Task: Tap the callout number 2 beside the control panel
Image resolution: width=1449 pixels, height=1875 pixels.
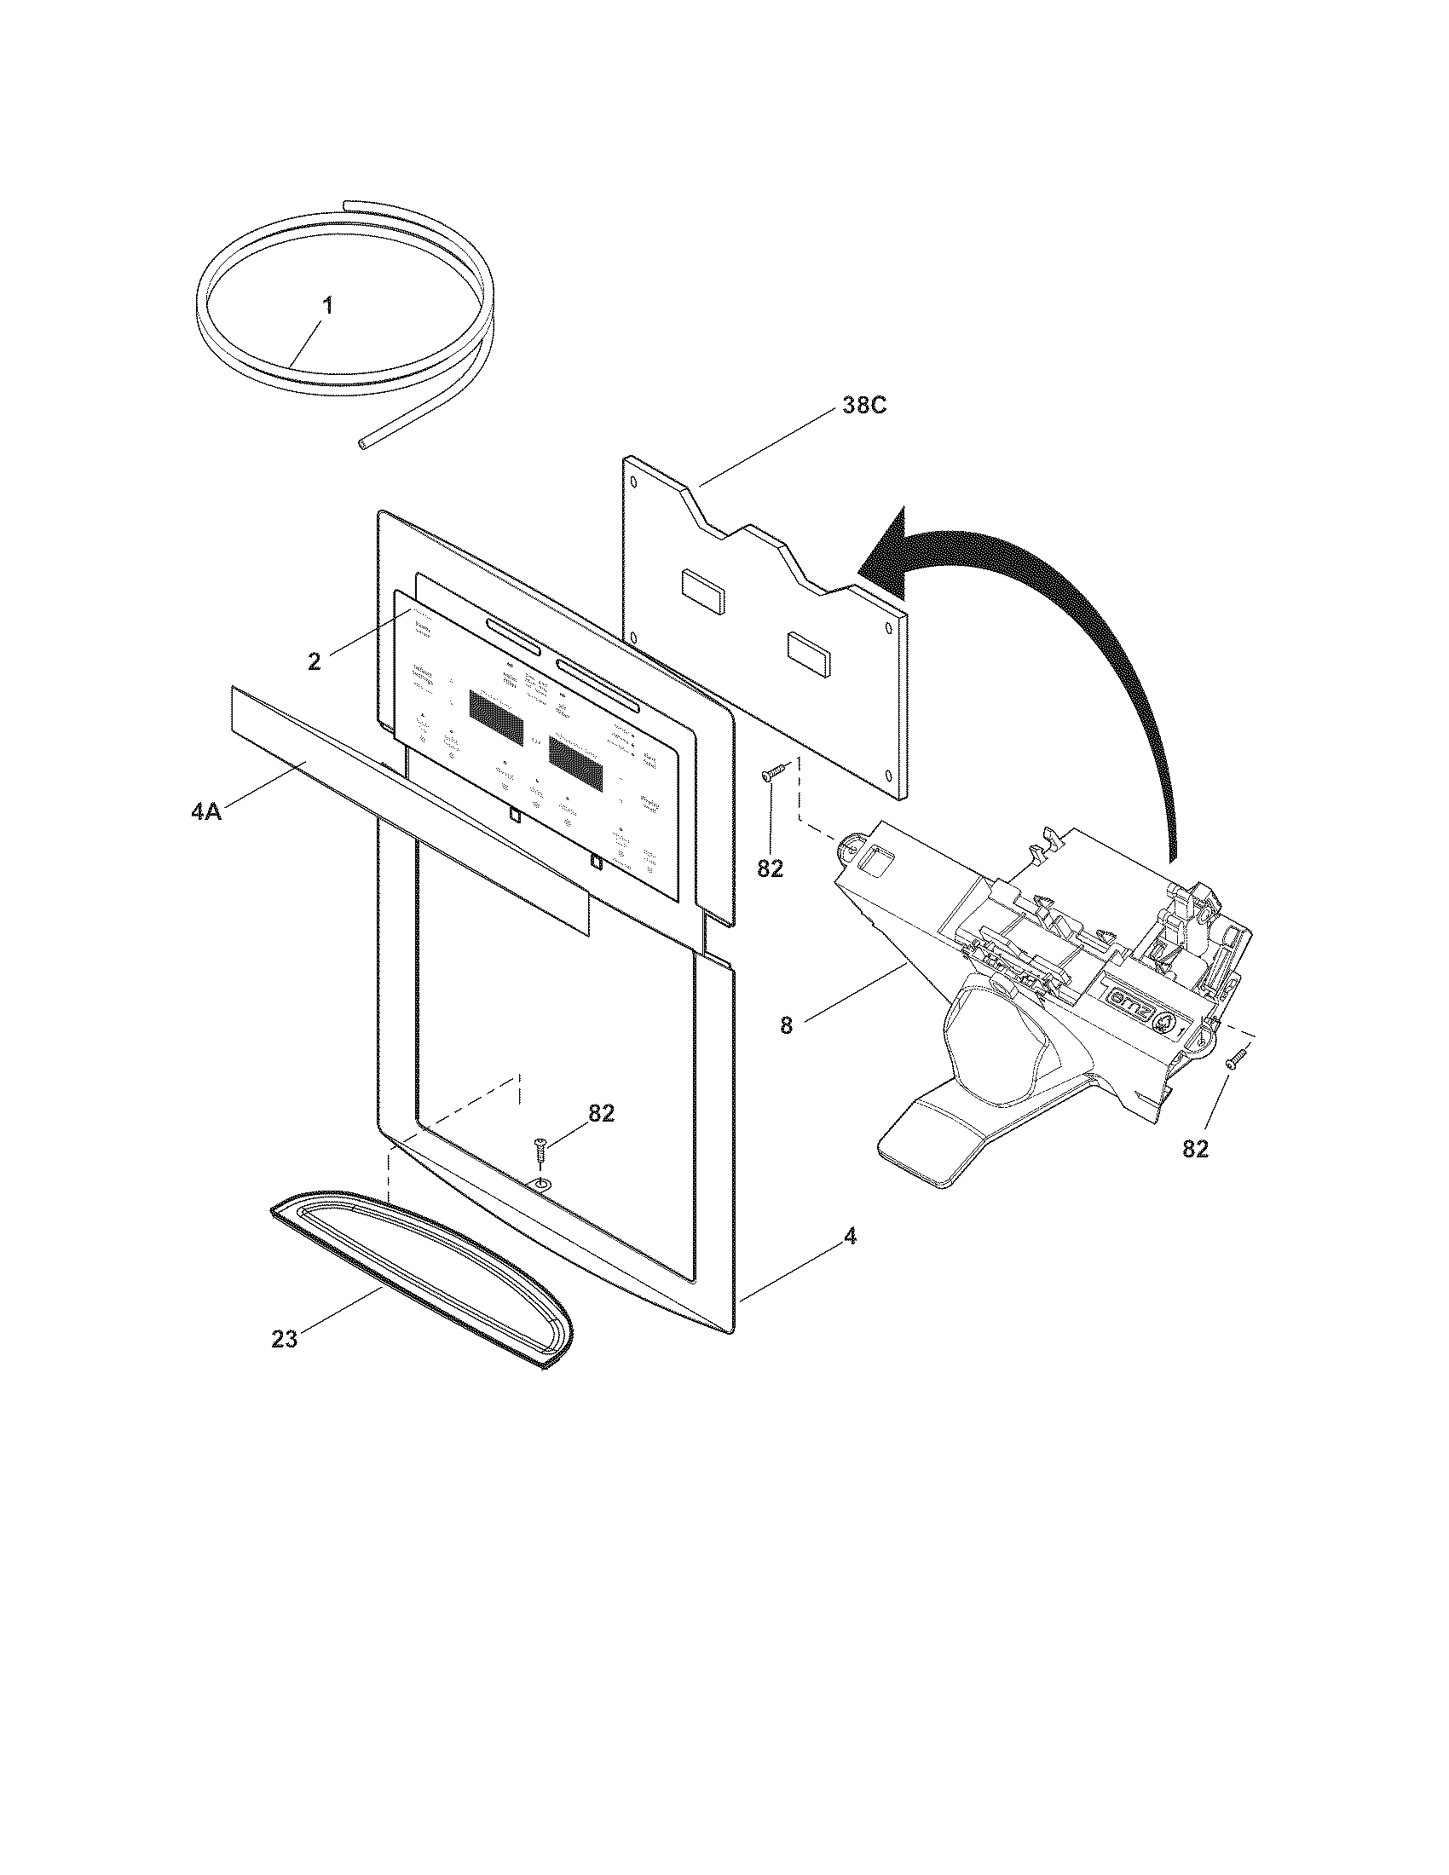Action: [315, 661]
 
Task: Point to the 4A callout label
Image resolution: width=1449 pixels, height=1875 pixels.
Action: [206, 811]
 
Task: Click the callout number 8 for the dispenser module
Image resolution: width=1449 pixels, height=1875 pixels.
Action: [787, 1025]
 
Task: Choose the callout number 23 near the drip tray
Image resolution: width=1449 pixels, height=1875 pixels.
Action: [284, 1337]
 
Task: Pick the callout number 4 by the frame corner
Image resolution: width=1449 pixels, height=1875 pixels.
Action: [849, 1236]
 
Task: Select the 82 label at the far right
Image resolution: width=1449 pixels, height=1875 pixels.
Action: [1195, 1149]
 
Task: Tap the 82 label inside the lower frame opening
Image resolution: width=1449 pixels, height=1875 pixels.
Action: [601, 1112]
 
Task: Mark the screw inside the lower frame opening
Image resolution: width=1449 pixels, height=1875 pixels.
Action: [539, 1151]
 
